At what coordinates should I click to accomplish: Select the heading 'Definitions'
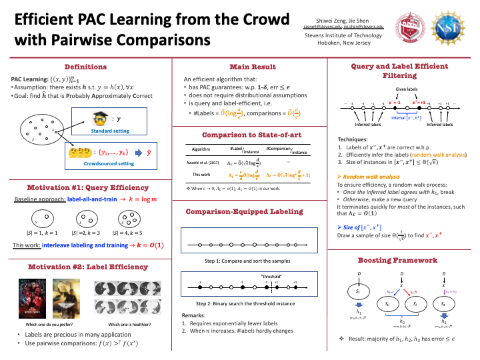click(x=85, y=67)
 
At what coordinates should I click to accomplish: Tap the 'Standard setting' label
click(x=111, y=131)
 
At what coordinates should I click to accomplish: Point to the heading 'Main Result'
click(x=249, y=67)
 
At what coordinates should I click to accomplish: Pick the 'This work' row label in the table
click(x=201, y=175)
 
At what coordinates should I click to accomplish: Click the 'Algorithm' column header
click(x=201, y=149)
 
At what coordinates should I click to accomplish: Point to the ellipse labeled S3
click(x=444, y=304)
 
